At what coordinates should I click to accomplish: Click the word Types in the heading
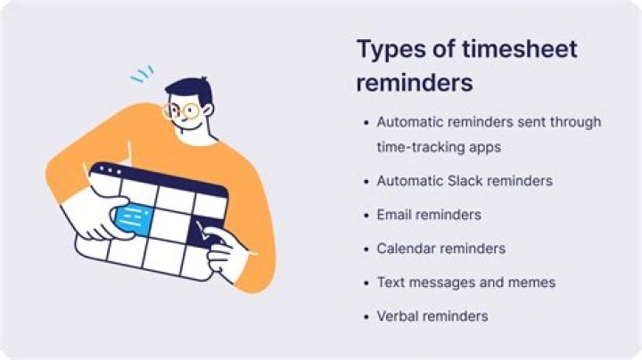386,49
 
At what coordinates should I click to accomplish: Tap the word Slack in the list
471,181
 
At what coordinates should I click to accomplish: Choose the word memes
531,282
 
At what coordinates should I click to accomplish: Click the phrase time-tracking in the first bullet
415,146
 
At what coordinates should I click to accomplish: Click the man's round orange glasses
183,111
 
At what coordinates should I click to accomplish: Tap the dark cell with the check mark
209,228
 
